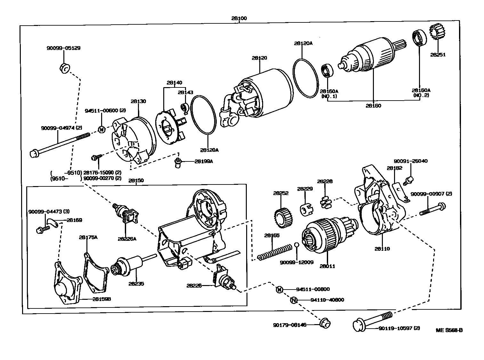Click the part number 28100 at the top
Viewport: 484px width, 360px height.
tap(239, 19)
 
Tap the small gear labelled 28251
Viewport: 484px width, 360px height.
tap(436, 33)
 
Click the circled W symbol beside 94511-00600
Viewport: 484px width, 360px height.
tap(101, 129)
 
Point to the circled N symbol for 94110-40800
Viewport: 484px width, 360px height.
tap(294, 300)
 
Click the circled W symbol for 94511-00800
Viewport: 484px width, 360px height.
tap(279, 290)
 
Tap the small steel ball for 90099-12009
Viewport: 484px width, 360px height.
tap(297, 245)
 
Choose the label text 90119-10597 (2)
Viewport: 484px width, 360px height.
tap(399, 328)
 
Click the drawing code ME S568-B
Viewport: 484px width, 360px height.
tap(449, 330)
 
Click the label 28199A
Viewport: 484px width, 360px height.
tap(203, 161)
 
